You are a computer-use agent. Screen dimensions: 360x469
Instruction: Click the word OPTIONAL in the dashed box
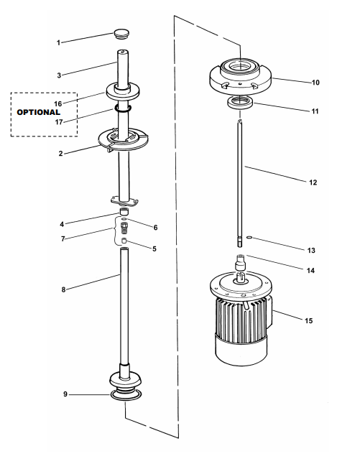pos(38,113)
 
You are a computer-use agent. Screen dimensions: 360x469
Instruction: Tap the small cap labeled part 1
pos(121,33)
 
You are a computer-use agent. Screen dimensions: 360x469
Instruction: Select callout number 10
pos(315,83)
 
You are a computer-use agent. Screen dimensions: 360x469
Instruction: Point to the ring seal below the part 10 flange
pos(241,103)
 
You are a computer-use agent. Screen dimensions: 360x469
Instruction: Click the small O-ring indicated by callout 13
pos(249,238)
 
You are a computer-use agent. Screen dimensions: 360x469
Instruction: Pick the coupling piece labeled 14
pos(240,262)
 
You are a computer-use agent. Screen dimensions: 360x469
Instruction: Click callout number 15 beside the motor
pos(308,320)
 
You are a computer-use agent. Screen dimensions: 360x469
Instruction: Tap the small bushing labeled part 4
pos(124,211)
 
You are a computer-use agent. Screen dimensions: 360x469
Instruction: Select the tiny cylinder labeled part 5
pos(124,241)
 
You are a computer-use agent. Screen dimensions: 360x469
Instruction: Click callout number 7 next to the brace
pos(63,239)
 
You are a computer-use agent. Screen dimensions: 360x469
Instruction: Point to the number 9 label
pos(65,394)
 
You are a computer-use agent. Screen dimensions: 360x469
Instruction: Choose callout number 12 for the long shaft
pos(313,182)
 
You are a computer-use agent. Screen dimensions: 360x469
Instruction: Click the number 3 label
pos(59,75)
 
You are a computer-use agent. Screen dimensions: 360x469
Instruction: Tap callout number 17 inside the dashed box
pos(59,122)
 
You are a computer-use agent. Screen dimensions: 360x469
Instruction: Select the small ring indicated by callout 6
pos(124,219)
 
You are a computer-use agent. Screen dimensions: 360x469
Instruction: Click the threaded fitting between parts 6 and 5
pos(124,228)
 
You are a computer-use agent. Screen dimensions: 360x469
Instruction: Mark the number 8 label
pos(63,289)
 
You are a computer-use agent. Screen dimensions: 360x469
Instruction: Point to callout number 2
pos(61,154)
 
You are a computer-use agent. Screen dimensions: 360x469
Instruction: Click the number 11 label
pos(315,111)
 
